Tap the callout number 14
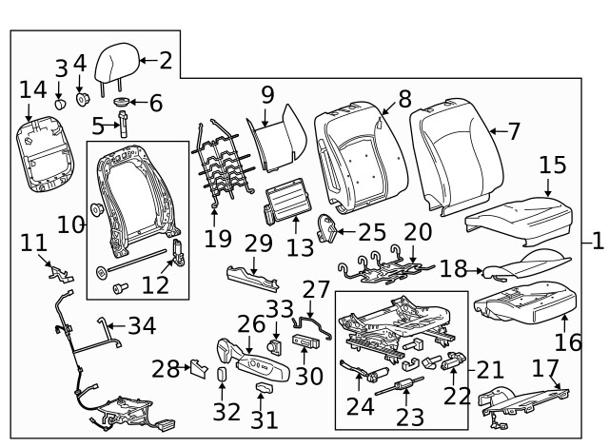click(x=32, y=89)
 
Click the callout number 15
click(x=552, y=166)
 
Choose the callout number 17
click(x=544, y=366)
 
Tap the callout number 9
click(x=267, y=94)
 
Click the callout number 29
click(x=259, y=243)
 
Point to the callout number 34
click(x=142, y=326)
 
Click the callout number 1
click(x=597, y=240)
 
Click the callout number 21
click(x=489, y=367)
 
